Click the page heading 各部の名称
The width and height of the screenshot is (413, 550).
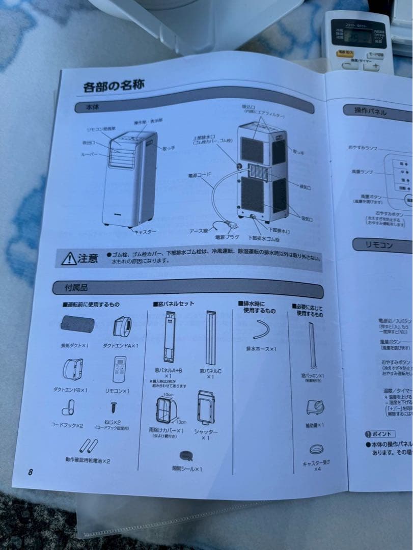pos(114,86)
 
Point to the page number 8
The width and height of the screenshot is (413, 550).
pos(31,472)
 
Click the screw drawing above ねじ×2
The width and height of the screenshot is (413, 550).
pos(113,407)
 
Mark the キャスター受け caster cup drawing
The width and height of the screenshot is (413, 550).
pos(315,450)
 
